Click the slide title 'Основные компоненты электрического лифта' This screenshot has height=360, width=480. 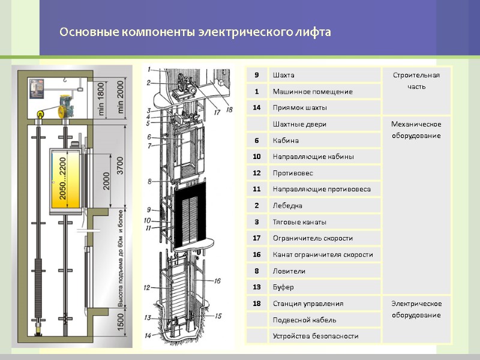pos(195,32)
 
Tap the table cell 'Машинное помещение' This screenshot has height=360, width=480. pos(313,91)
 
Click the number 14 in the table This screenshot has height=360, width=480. pos(257,107)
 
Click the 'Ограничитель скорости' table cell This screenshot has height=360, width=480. pos(313,238)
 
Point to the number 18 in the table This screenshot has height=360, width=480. pos(257,304)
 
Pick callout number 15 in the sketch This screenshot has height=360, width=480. pos(218,316)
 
